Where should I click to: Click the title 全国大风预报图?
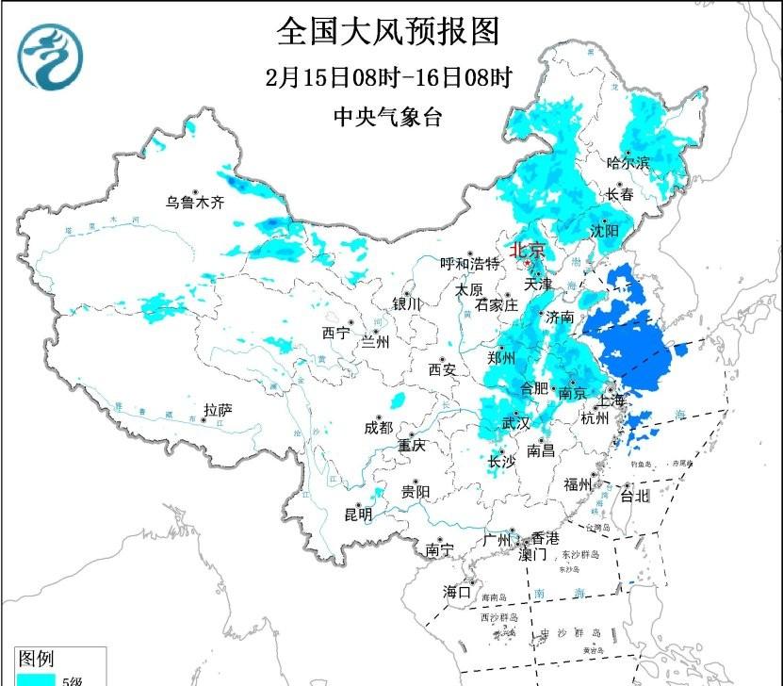tap(387, 31)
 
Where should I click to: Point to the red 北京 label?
tap(527, 251)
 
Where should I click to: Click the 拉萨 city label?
tap(218, 410)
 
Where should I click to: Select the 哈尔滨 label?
tap(628, 163)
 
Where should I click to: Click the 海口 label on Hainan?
tap(457, 592)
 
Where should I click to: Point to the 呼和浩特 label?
tap(471, 264)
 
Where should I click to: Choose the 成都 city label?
tap(377, 427)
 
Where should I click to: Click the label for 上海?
tap(610, 400)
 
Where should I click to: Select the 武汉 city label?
tap(516, 424)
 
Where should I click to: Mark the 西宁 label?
tap(335, 333)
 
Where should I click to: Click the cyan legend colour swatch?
tap(35, 678)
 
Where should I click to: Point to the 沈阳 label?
tap(606, 231)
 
